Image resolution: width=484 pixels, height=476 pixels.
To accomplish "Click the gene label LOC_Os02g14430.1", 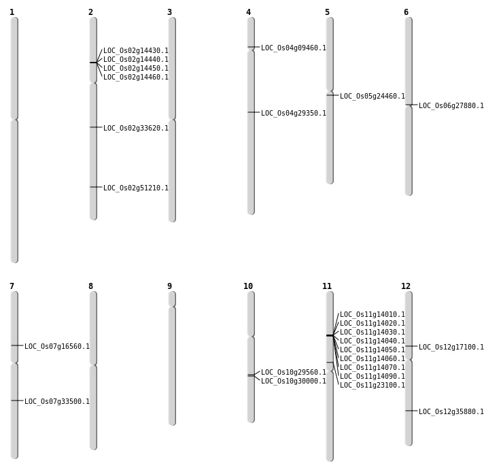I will (x=135, y=51).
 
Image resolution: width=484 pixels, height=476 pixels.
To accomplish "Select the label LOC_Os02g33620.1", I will (x=135, y=129).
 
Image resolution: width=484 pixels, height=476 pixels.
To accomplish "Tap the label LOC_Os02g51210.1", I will (x=135, y=188).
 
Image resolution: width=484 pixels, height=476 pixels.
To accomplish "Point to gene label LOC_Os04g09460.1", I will (x=293, y=48).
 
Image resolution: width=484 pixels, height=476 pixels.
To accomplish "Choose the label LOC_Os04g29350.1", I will (x=293, y=114).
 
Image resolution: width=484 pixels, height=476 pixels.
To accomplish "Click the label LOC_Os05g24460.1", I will (x=372, y=97).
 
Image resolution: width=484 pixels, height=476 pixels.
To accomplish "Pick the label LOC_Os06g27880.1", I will (x=451, y=106).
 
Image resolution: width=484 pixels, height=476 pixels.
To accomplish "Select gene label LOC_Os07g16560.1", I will (x=56, y=347).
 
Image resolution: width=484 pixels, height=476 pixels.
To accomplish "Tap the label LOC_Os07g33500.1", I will (x=56, y=402).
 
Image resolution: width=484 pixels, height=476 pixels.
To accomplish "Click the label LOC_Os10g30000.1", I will (x=293, y=381).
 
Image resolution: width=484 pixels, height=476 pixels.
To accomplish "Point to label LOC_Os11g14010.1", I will (x=372, y=315).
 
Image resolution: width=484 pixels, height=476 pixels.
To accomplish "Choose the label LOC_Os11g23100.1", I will (x=372, y=386).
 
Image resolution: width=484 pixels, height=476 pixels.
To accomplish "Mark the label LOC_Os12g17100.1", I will (x=451, y=347).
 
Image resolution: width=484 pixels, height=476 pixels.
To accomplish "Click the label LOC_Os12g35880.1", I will (x=451, y=412).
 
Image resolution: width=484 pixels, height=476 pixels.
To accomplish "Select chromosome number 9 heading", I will (x=169, y=286).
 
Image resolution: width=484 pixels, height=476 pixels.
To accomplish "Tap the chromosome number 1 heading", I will (x=12, y=12).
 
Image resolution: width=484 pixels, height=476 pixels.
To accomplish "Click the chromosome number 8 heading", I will (x=90, y=286).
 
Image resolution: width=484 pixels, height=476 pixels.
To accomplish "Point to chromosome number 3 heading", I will (x=169, y=12).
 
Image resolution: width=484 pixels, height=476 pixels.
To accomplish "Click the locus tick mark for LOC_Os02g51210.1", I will (x=93, y=187).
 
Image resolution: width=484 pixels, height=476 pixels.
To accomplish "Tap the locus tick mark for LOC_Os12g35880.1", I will (x=409, y=411).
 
